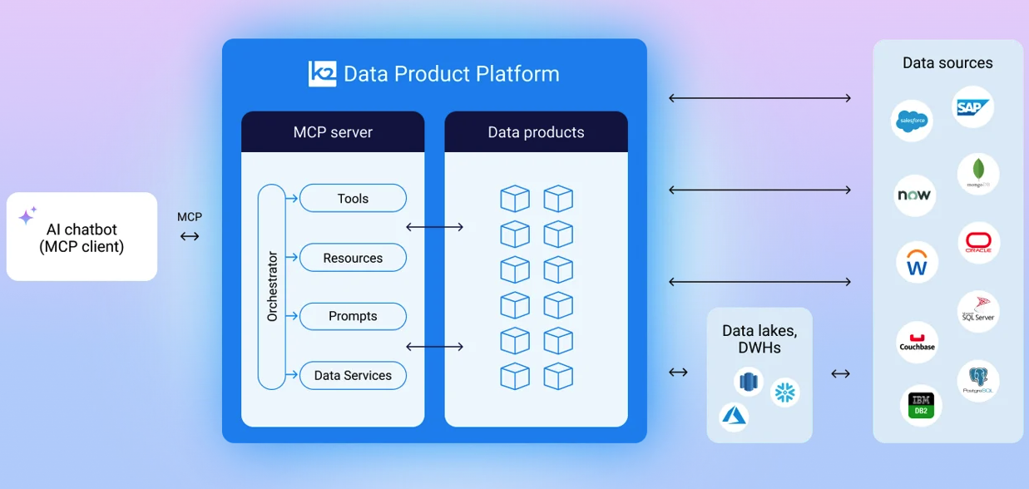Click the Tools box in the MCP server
click(x=353, y=199)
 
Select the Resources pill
click(x=353, y=258)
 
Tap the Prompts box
click(x=353, y=316)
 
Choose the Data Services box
click(x=353, y=375)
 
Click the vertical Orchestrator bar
click(x=271, y=287)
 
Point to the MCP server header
click(x=333, y=132)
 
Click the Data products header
click(x=536, y=132)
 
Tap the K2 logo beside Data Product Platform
click(x=322, y=74)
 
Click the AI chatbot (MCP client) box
click(x=82, y=237)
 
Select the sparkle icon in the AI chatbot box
click(x=27, y=216)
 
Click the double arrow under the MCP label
click(x=190, y=236)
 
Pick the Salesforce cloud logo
click(x=912, y=121)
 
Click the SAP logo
click(x=972, y=107)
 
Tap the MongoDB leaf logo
click(x=977, y=174)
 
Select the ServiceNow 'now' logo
click(x=914, y=195)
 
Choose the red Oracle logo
click(x=978, y=243)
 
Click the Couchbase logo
click(x=918, y=343)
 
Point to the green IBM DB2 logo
click(x=921, y=405)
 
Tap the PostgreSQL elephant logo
click(x=978, y=381)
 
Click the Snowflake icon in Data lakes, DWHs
click(x=784, y=393)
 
